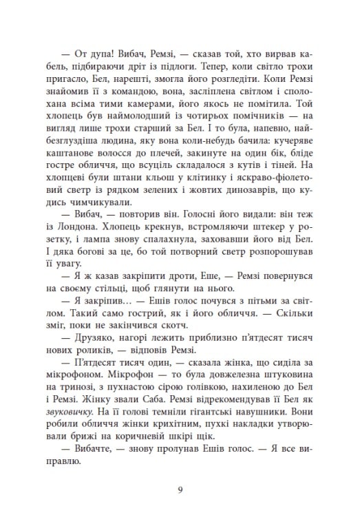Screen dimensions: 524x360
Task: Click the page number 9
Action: click(180, 490)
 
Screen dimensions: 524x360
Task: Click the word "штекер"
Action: click(273, 220)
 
